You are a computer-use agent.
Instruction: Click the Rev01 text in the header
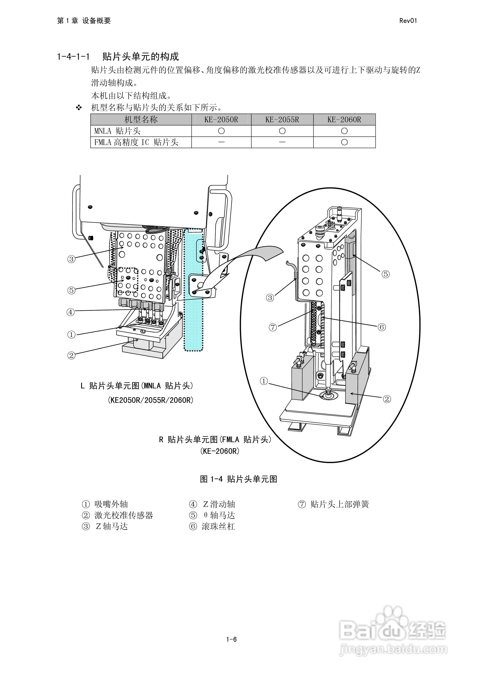click(x=408, y=21)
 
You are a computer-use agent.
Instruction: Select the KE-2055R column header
click(x=282, y=120)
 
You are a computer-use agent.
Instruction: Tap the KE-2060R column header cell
click(x=344, y=120)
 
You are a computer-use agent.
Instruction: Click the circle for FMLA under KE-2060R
click(x=344, y=143)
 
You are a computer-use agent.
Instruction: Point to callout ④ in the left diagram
click(x=71, y=312)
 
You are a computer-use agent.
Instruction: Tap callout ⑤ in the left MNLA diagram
click(x=71, y=290)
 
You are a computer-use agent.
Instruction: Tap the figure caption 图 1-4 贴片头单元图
click(x=238, y=479)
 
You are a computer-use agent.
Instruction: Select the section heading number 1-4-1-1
click(x=73, y=57)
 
